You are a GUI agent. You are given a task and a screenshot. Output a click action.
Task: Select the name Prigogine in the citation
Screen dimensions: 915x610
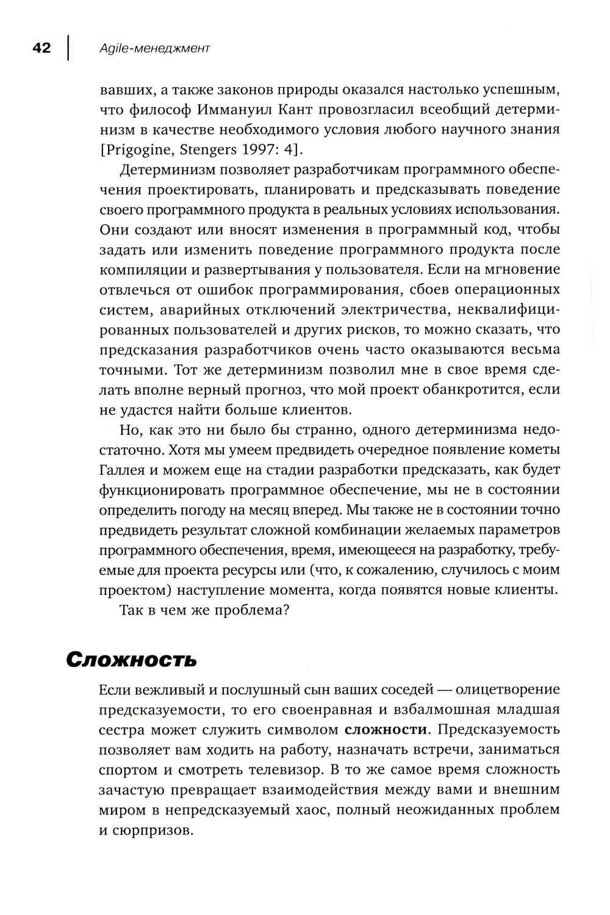(x=138, y=150)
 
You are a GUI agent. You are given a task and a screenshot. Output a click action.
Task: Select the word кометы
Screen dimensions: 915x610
(x=528, y=450)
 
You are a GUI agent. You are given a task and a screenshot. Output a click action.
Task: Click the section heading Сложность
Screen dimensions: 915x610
(x=131, y=660)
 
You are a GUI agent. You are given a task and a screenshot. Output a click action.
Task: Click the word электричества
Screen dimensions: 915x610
(x=379, y=310)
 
